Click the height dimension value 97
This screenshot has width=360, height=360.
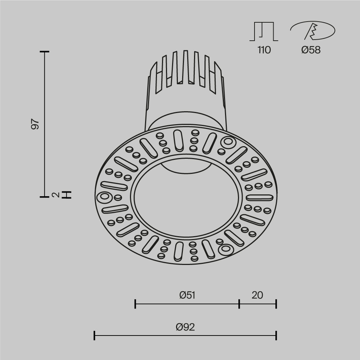pos(35,124)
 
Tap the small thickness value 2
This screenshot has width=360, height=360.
pos(55,195)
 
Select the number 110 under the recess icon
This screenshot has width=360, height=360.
pos(264,50)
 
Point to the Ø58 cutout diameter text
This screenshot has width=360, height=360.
pos(311,50)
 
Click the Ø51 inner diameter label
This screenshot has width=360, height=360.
pos(187,295)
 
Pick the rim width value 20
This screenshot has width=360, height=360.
pos(257,295)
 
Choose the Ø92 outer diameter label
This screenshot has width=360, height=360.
pos(185,327)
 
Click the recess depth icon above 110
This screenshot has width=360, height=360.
pos(264,31)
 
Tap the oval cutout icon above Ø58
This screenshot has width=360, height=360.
pos(312,31)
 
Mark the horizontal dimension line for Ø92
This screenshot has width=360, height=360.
pos(185,336)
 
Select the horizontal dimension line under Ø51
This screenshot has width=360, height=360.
pos(187,304)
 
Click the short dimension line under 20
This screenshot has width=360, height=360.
pos(258,304)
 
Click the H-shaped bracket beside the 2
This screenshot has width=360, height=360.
pos(67,195)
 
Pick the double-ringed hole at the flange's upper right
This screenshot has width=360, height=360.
pos(228,143)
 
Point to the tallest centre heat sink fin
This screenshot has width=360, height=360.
pos(186,67)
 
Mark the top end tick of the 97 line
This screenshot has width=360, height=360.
pos(45,52)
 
